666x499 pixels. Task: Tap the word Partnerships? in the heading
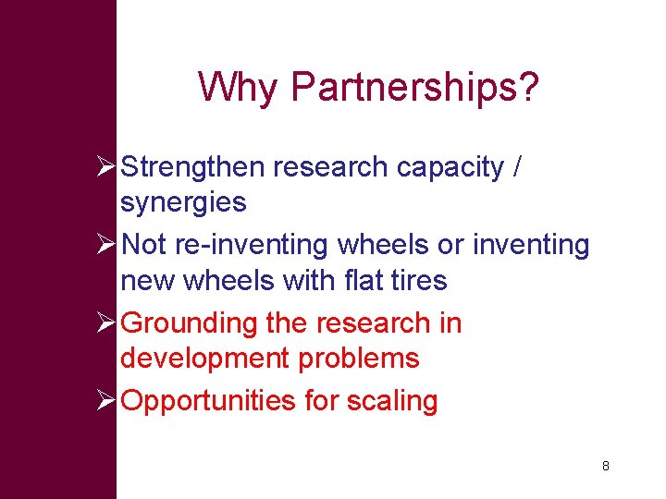[414, 88]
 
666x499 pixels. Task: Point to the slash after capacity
[517, 167]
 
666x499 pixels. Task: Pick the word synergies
[183, 202]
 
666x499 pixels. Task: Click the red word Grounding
[189, 323]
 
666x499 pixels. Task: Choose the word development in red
[195, 358]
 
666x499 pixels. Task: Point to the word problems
[360, 358]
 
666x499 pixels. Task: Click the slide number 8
[605, 466]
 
